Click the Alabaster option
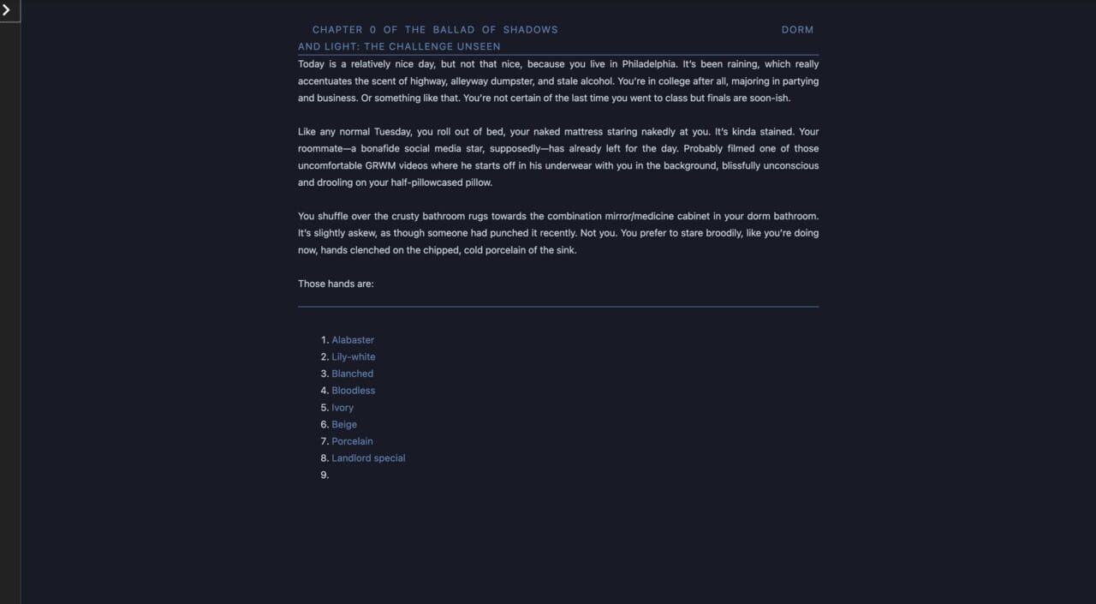[x=353, y=340]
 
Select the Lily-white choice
[x=354, y=357]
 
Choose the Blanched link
[x=353, y=374]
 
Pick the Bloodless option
[x=354, y=391]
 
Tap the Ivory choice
[x=342, y=408]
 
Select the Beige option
[x=344, y=425]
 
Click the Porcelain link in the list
[x=352, y=441]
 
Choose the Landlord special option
[x=368, y=458]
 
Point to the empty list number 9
[x=325, y=475]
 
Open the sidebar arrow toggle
[x=7, y=10]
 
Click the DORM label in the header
[x=797, y=30]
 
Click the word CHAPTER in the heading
[x=337, y=30]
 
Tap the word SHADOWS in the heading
[x=530, y=30]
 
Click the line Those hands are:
[x=336, y=284]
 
